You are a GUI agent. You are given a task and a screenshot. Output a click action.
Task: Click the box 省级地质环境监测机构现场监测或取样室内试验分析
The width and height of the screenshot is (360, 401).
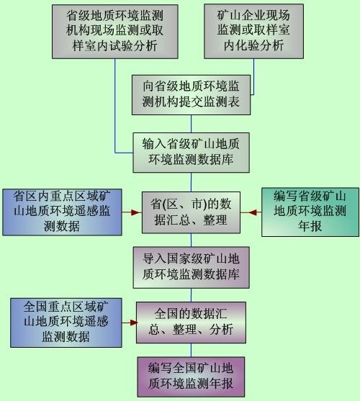(x=114, y=32)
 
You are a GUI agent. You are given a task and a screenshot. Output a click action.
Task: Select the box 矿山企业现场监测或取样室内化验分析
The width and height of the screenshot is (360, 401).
(x=253, y=31)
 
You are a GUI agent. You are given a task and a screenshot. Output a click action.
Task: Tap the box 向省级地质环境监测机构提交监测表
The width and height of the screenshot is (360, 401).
(x=191, y=94)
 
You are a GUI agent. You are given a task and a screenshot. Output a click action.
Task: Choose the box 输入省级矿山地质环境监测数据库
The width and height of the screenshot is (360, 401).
(x=191, y=153)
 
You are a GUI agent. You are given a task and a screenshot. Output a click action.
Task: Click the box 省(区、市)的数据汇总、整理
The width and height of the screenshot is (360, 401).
(x=191, y=212)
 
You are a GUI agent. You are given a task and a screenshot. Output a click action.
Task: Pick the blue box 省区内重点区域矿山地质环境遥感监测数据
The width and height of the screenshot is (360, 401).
(x=62, y=212)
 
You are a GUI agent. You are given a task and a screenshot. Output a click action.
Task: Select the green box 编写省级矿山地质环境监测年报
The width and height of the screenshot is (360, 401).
(x=310, y=212)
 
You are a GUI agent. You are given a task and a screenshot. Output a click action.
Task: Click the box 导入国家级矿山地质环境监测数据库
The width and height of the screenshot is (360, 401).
(x=191, y=267)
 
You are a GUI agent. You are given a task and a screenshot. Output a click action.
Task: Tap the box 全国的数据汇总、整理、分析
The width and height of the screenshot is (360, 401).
(x=191, y=323)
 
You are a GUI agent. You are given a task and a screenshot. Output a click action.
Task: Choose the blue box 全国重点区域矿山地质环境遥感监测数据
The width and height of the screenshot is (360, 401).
(x=66, y=323)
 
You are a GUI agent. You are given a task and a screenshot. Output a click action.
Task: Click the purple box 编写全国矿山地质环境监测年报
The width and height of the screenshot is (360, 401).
(x=191, y=377)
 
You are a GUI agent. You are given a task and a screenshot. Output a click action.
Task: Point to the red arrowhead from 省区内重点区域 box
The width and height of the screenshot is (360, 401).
(x=136, y=212)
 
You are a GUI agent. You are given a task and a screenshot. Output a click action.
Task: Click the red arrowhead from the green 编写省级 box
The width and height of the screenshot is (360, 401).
(x=253, y=212)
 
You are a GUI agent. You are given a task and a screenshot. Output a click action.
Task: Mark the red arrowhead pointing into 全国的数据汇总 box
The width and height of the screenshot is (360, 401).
(x=133, y=323)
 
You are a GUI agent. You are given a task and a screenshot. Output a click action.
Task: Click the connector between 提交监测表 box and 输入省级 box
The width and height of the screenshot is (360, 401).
(x=191, y=124)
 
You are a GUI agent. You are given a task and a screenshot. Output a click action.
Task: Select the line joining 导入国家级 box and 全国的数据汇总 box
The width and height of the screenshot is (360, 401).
(x=191, y=295)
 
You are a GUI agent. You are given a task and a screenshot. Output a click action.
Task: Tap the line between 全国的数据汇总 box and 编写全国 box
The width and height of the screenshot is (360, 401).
(x=191, y=350)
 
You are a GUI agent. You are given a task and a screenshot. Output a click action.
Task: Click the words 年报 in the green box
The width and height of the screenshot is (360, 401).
(x=310, y=226)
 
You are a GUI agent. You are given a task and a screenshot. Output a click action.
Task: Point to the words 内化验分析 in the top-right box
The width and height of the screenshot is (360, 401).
(x=253, y=45)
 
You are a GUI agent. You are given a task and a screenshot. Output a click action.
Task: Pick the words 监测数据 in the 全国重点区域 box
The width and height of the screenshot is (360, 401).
(x=66, y=336)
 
